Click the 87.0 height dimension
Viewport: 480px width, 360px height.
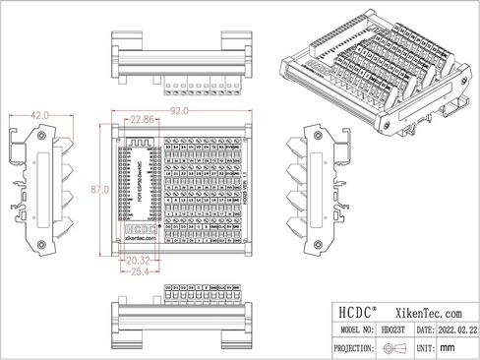(98, 187)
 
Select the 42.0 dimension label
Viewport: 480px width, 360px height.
(40, 115)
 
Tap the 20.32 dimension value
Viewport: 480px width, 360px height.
(139, 261)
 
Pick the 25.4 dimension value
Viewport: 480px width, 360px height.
(139, 270)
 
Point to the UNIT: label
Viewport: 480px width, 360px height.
(424, 348)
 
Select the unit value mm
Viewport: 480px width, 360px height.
(448, 348)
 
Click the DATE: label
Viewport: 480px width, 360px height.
(424, 330)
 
